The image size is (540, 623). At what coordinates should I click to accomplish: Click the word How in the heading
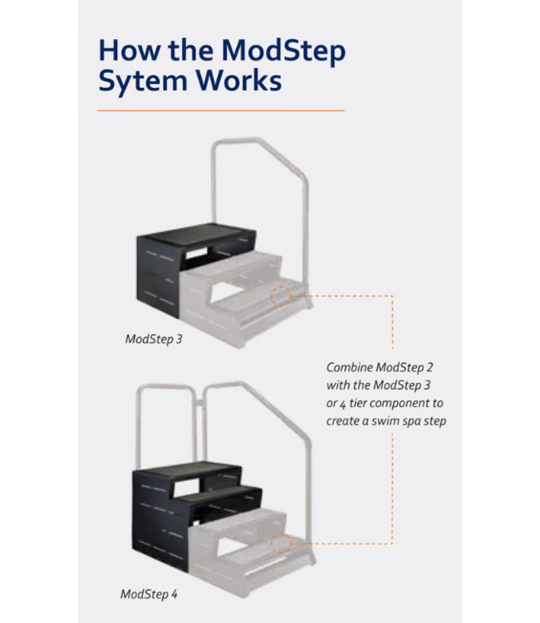pyautogui.click(x=127, y=52)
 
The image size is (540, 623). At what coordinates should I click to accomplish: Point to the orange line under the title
pyautogui.click(x=220, y=110)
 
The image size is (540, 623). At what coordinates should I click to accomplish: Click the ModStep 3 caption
pyautogui.click(x=154, y=339)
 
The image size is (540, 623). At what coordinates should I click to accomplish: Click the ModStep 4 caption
pyautogui.click(x=149, y=594)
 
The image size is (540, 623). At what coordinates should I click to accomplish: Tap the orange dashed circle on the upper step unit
pyautogui.click(x=280, y=295)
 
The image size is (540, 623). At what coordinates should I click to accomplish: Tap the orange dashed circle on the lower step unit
pyautogui.click(x=280, y=543)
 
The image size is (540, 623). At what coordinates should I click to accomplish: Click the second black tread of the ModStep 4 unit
pyautogui.click(x=218, y=495)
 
